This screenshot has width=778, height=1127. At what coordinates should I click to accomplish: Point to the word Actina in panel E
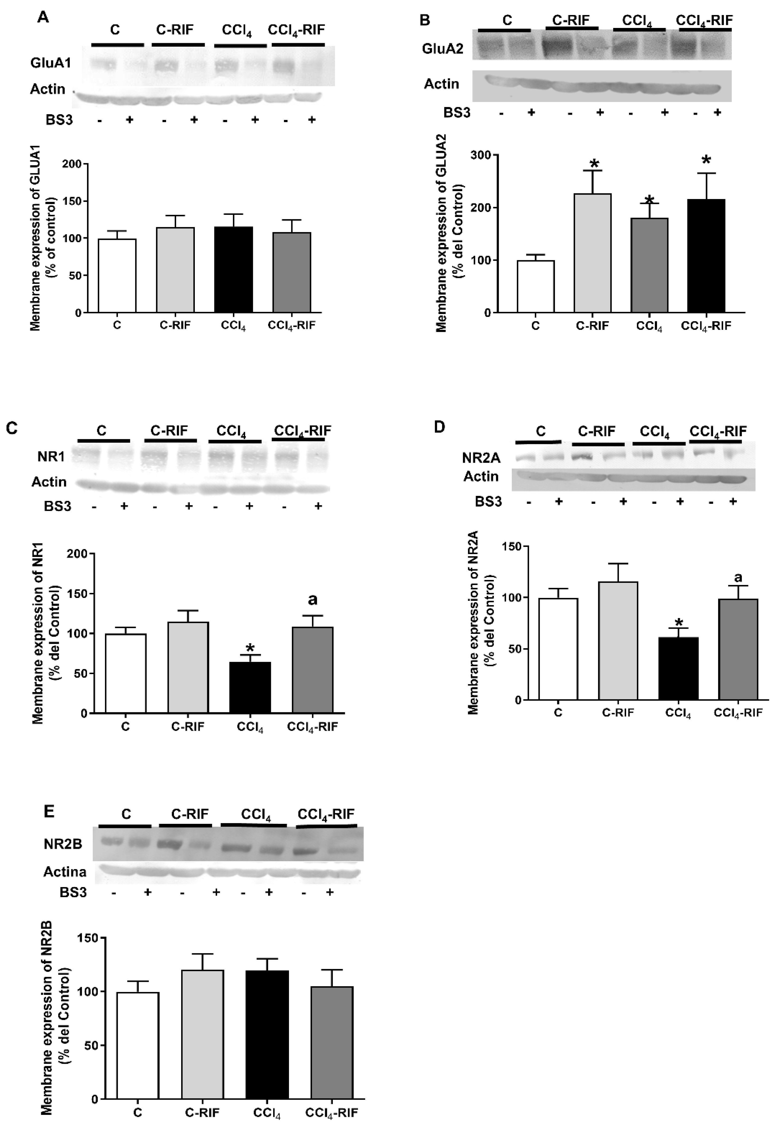[65, 872]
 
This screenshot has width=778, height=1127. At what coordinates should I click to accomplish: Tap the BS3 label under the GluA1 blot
[59, 119]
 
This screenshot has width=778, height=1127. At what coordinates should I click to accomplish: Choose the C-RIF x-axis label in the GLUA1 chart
[175, 325]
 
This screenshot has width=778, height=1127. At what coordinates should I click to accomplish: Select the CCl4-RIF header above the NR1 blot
[302, 431]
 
